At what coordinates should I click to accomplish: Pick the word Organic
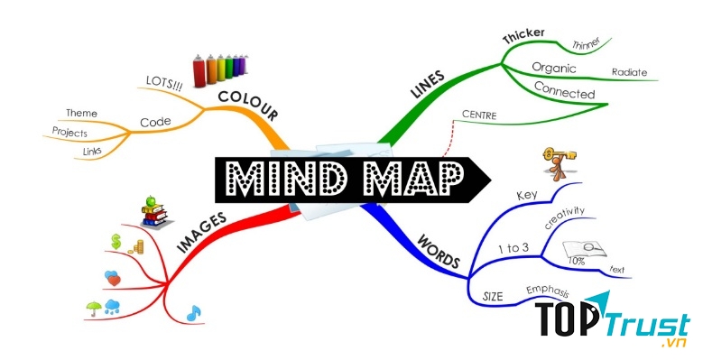click(x=554, y=67)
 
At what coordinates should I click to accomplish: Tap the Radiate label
click(x=629, y=71)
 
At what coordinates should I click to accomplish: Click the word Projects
click(x=70, y=132)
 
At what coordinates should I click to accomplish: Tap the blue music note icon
click(x=193, y=312)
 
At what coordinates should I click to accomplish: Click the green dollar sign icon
click(x=116, y=241)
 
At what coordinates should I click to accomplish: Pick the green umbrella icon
click(x=93, y=307)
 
